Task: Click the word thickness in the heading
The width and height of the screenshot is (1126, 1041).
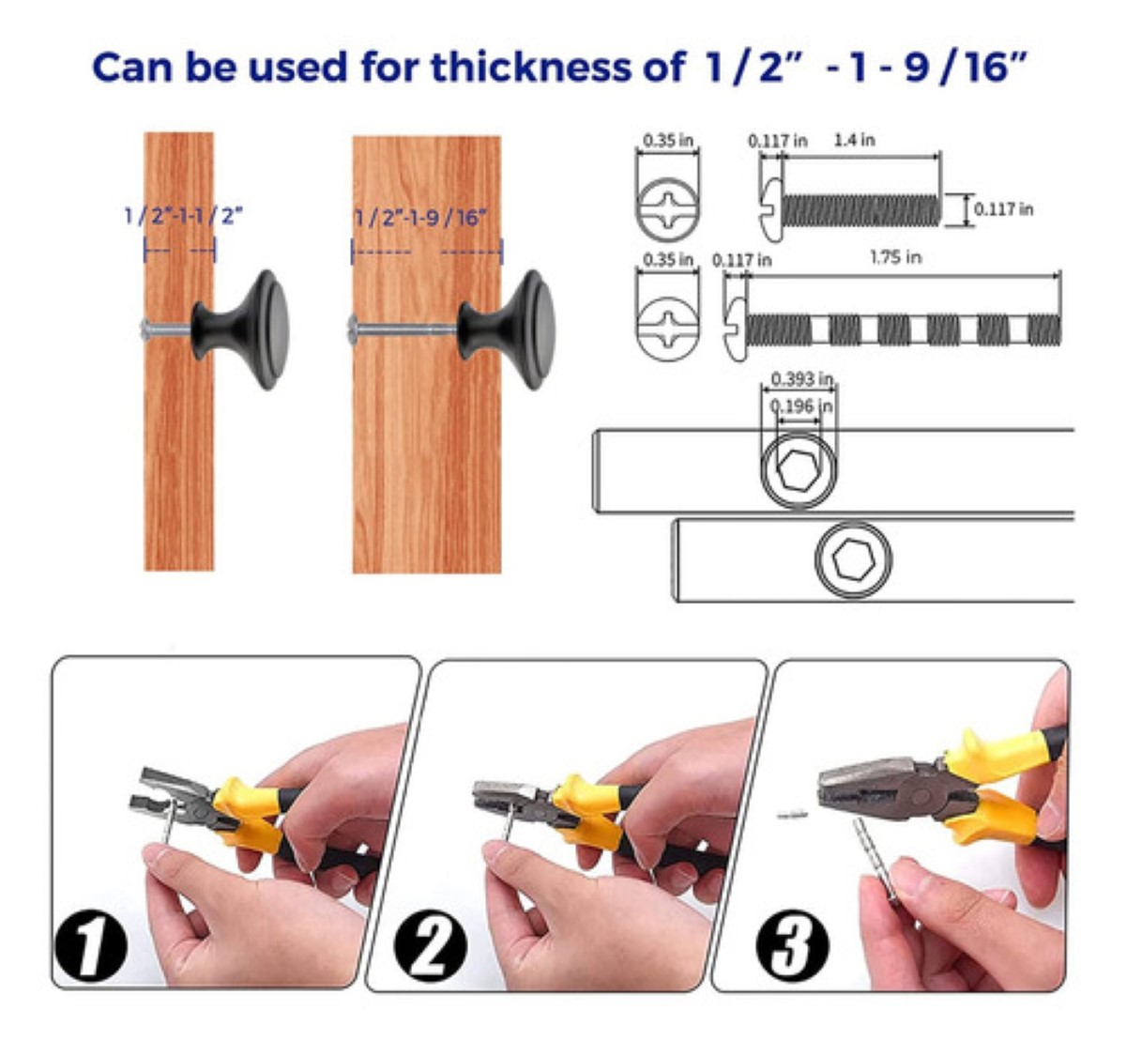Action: point(530,67)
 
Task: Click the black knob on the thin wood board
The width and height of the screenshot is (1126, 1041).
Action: point(241,329)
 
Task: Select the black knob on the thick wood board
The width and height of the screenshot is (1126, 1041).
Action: point(508,329)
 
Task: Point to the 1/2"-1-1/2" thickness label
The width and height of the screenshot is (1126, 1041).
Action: point(184,215)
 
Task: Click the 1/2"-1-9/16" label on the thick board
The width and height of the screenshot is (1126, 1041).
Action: point(420,217)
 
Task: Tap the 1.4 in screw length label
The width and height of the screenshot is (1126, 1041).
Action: point(855,140)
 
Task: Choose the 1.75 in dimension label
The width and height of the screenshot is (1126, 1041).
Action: point(896,257)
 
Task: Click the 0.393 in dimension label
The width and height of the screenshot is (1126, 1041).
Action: point(801,378)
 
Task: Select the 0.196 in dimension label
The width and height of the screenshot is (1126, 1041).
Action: point(801,406)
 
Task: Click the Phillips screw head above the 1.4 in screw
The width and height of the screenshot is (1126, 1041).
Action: point(668,208)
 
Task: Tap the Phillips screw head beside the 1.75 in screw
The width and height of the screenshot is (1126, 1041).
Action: point(668,329)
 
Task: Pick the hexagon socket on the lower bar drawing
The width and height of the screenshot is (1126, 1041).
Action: point(853,559)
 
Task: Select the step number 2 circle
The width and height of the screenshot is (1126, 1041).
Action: point(430,944)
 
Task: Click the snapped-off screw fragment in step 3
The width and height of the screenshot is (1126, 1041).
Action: point(792,815)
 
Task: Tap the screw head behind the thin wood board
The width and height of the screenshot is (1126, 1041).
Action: point(145,330)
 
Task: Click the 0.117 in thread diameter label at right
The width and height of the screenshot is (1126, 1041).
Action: point(1003,209)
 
